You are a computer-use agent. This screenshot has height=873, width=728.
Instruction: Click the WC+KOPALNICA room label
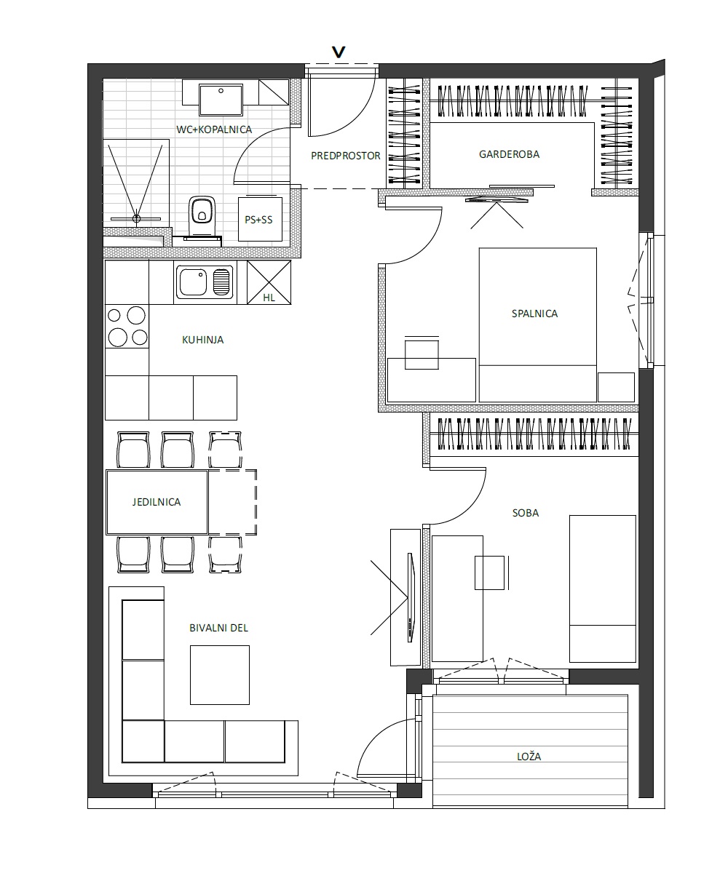[214, 129]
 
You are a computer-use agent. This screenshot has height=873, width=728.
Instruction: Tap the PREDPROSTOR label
[346, 156]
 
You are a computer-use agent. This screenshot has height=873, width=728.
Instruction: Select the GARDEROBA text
[509, 154]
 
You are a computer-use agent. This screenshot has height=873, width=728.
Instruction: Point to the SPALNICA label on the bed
[534, 314]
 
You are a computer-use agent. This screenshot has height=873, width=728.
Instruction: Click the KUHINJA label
[203, 340]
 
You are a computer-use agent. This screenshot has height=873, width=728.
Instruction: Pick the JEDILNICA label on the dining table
[157, 502]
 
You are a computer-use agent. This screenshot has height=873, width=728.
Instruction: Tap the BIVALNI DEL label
[219, 628]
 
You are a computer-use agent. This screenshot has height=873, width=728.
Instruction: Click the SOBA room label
[526, 513]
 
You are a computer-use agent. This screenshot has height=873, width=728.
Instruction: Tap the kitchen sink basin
[194, 282]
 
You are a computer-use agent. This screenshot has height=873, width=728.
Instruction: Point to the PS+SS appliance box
[260, 219]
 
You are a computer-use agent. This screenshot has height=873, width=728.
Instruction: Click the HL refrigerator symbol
[269, 282]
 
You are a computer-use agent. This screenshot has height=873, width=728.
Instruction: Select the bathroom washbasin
[221, 100]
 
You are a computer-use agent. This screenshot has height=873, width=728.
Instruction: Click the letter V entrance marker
[339, 52]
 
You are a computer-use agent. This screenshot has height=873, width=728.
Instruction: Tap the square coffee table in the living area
[220, 675]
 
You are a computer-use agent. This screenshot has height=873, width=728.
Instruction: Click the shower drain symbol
[136, 218]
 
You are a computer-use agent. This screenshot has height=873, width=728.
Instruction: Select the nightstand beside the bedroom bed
[616, 387]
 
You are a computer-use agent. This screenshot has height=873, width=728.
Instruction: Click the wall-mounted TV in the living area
[411, 597]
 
